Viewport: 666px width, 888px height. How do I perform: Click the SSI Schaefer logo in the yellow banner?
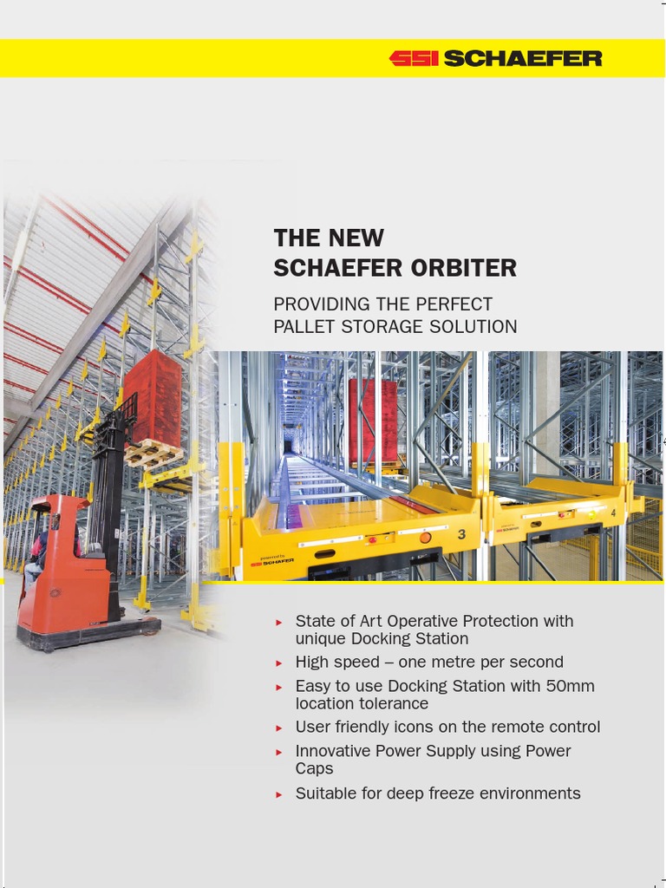tap(495, 58)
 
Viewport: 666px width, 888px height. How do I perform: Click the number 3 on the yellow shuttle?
tap(461, 535)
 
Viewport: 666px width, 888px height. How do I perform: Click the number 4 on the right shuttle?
tap(614, 512)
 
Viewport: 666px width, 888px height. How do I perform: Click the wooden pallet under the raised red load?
tap(154, 453)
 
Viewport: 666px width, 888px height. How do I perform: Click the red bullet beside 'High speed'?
tap(279, 663)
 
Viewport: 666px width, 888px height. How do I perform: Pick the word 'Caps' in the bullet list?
tap(314, 769)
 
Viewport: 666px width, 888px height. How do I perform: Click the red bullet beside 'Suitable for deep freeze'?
tap(279, 793)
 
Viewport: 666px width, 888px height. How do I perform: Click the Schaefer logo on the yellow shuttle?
tap(272, 561)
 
